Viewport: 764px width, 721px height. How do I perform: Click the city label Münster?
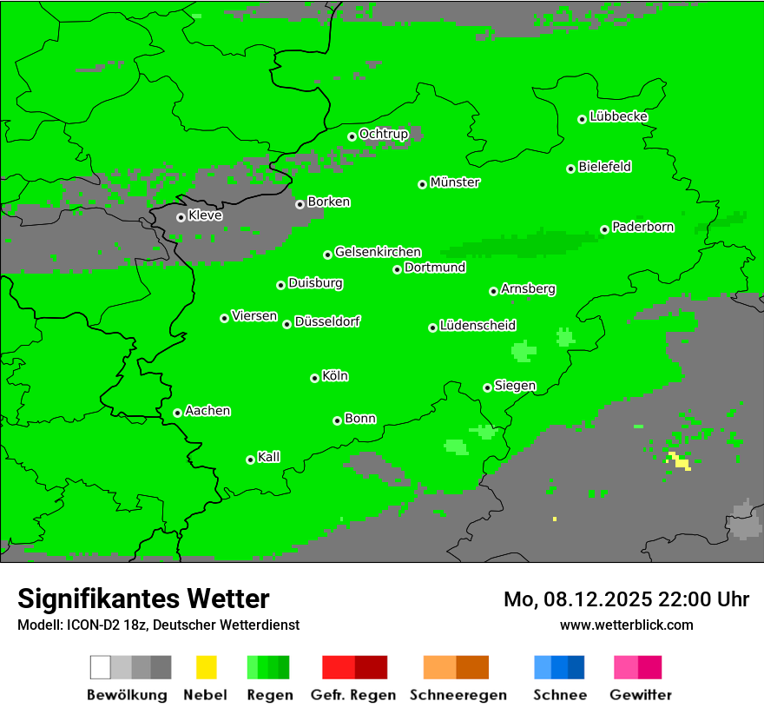pyautogui.click(x=455, y=182)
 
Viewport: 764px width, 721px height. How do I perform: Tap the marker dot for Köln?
pyautogui.click(x=314, y=378)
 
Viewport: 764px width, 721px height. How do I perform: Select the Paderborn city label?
pyautogui.click(x=642, y=227)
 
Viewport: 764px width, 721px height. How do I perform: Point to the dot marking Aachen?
pyautogui.click(x=177, y=413)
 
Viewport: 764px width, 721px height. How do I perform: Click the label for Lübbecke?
pyautogui.click(x=618, y=116)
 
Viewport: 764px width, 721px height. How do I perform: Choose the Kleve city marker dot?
pyautogui.click(x=181, y=217)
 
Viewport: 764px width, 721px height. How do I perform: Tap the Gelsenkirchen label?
pyautogui.click(x=378, y=252)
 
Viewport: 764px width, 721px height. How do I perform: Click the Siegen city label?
pyautogui.click(x=515, y=386)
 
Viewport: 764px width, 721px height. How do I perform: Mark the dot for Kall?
pyautogui.click(x=250, y=460)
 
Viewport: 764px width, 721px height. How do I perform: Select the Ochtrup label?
pyautogui.click(x=383, y=134)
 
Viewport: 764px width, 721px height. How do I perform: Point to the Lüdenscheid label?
pyautogui.click(x=477, y=326)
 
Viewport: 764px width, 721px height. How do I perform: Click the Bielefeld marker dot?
pyautogui.click(x=570, y=169)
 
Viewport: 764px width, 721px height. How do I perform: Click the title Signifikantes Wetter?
pyautogui.click(x=143, y=599)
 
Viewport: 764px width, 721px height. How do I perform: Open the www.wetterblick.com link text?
pyautogui.click(x=626, y=625)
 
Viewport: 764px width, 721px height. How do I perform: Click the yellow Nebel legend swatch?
pyautogui.click(x=206, y=667)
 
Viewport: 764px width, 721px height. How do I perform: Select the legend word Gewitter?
pyautogui.click(x=641, y=695)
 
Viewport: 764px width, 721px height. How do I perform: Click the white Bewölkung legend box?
pyautogui.click(x=101, y=667)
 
